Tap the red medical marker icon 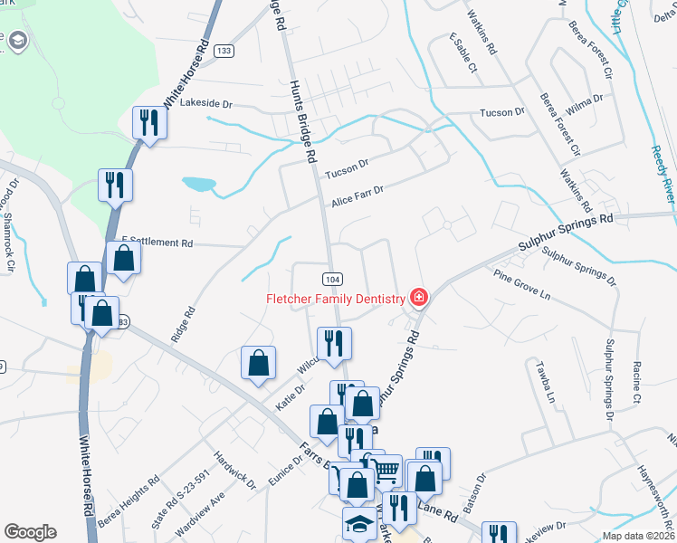point(418,297)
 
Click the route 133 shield point(224,51)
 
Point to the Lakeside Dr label point(206,104)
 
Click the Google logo point(30,532)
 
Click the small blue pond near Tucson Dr point(199,185)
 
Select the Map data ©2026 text point(638,536)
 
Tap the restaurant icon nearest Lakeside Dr point(149,123)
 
